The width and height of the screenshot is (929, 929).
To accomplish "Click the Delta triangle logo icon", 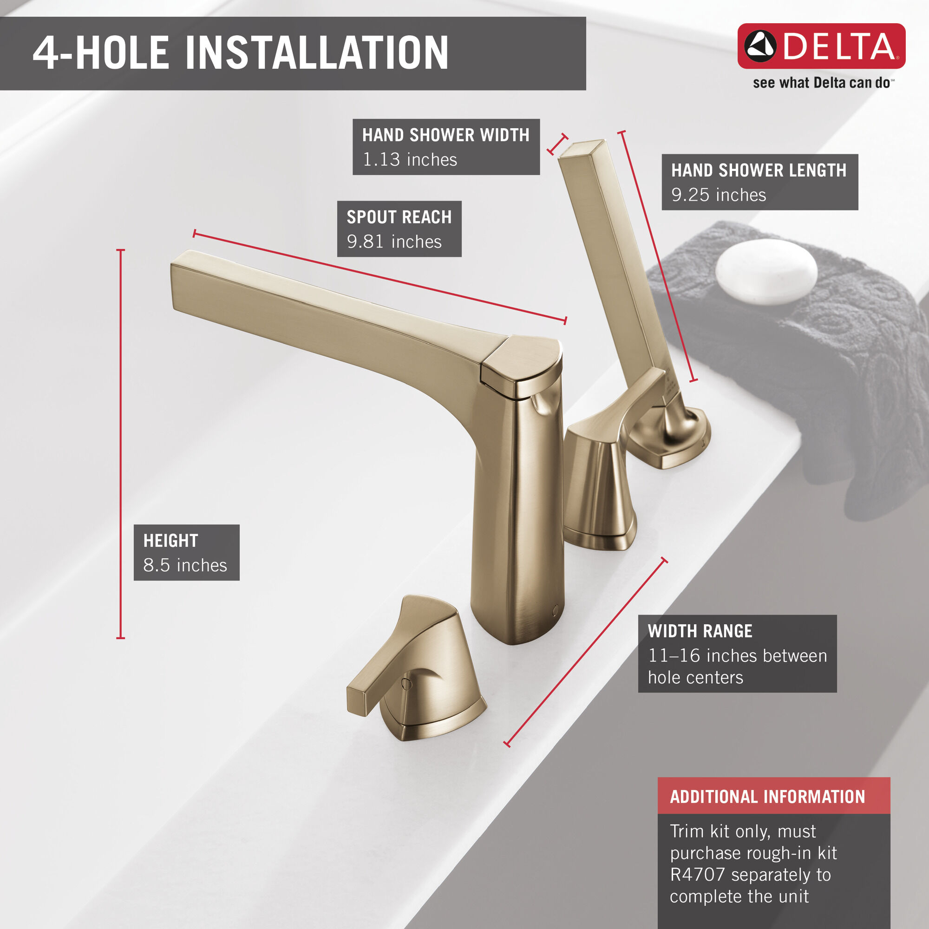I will (760, 46).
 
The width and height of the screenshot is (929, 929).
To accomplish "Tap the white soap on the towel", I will (766, 272).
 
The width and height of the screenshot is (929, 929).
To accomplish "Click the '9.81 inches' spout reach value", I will (394, 242).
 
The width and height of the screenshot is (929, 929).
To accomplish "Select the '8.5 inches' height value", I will (185, 565).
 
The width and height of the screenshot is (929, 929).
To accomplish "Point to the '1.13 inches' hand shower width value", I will (410, 159).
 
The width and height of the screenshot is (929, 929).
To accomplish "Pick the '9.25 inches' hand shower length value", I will (719, 195).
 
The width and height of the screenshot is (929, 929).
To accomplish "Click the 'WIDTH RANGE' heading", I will (700, 631).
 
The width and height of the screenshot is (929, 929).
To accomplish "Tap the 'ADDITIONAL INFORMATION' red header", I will (767, 797).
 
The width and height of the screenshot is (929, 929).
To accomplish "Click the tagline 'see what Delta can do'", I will (821, 83).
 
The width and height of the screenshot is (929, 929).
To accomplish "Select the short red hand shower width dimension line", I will (557, 144).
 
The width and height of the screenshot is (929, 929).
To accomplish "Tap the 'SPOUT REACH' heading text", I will (399, 217).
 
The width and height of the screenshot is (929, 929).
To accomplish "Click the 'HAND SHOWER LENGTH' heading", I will (759, 170).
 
